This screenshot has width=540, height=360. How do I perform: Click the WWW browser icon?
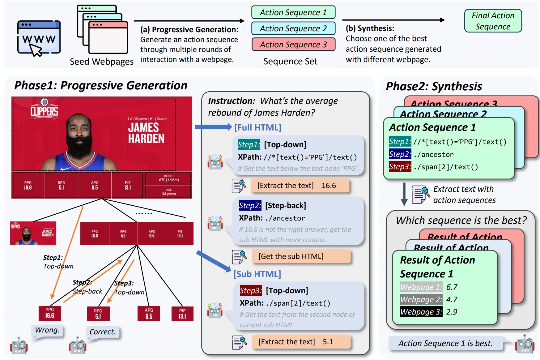click(x=39, y=38)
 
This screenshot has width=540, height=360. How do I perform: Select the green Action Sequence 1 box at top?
click(x=293, y=12)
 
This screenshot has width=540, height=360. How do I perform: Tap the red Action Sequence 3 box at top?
click(x=293, y=45)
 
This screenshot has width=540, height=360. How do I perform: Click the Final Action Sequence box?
click(x=493, y=21)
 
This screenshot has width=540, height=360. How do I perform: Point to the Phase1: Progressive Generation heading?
click(x=101, y=86)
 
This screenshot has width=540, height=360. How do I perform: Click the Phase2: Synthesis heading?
click(x=434, y=87)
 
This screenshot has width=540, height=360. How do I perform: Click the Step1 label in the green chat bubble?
click(x=249, y=144)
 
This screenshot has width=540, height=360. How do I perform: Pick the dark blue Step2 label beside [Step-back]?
click(x=250, y=205)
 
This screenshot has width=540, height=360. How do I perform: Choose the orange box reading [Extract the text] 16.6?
click(x=300, y=186)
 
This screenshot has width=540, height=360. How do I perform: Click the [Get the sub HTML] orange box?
click(x=301, y=256)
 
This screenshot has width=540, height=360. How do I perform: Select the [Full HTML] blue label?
click(x=257, y=127)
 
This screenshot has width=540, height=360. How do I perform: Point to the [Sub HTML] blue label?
click(x=257, y=274)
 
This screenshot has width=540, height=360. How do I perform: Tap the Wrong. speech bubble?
click(x=47, y=330)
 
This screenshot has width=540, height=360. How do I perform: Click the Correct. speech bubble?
click(x=102, y=332)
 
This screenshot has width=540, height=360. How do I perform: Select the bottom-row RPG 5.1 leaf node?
click(x=98, y=313)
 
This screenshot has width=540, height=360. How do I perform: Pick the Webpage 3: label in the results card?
click(x=421, y=312)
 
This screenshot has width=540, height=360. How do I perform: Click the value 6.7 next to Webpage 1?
click(x=452, y=287)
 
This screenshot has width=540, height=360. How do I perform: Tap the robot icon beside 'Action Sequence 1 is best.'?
click(x=524, y=344)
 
